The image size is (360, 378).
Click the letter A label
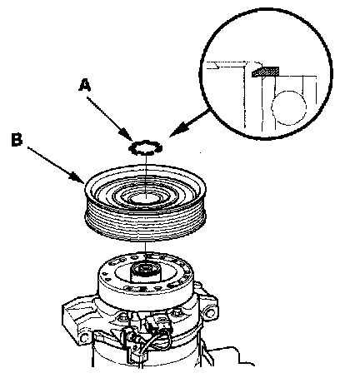85,85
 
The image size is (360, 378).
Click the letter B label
17,139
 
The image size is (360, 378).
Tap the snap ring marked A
145,147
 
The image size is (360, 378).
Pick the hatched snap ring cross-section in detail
265,72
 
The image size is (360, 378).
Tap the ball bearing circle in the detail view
289,107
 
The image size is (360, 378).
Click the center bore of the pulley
145,198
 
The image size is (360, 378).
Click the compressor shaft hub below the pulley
145,272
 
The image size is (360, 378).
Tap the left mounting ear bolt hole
84,338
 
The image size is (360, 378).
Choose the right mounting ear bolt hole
209,313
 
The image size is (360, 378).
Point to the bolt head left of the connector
123,316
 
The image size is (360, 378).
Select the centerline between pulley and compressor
145,252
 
